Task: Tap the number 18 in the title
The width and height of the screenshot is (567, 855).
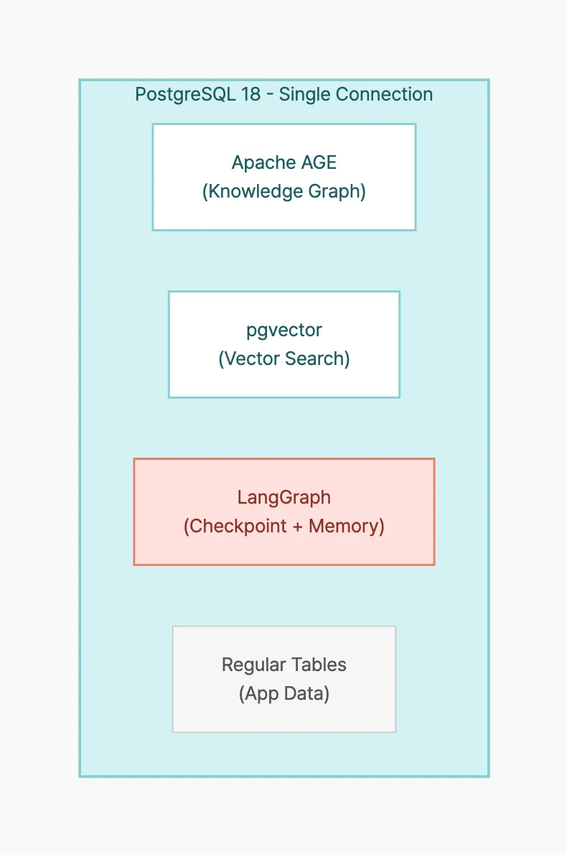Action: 250,95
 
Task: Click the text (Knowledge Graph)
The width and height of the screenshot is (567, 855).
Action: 284,192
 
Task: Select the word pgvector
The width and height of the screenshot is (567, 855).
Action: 284,331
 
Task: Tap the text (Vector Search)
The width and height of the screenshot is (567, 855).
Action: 284,359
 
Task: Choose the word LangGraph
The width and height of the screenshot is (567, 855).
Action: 284,497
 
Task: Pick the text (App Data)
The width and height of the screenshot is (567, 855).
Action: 284,694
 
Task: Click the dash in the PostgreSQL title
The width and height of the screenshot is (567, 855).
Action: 270,95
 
